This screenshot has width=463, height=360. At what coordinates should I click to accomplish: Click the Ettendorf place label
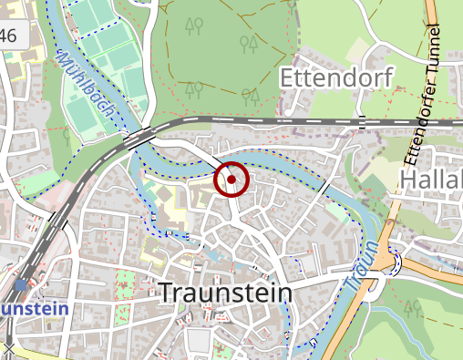coord(337,77)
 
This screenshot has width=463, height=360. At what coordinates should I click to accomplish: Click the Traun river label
coord(361,266)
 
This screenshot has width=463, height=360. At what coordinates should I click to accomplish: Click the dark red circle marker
coord(231,180)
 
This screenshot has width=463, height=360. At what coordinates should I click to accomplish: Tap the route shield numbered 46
coord(8,36)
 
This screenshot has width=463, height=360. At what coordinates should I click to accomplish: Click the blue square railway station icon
coord(21,285)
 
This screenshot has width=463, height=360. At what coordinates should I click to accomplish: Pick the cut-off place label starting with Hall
coord(432,180)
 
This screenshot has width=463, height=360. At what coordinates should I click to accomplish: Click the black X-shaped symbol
coord(8,348)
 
